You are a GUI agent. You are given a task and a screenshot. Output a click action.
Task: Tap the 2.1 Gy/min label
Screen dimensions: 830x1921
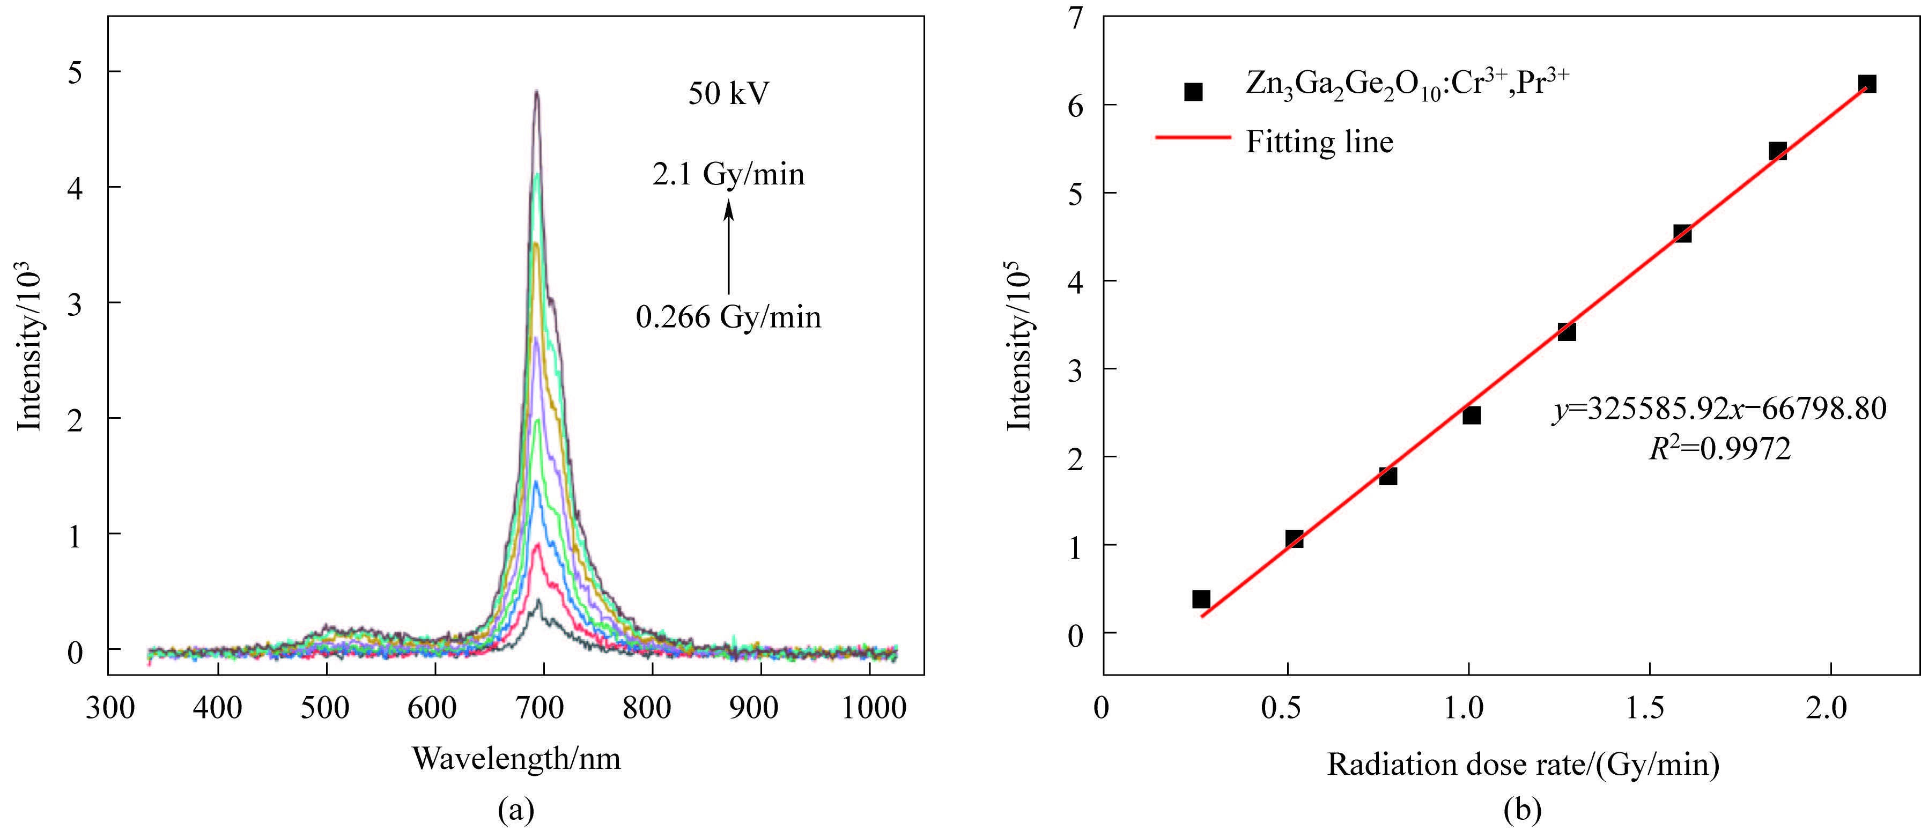pyautogui.click(x=729, y=174)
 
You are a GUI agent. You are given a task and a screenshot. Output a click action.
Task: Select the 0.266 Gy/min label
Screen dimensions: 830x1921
pyautogui.click(x=729, y=317)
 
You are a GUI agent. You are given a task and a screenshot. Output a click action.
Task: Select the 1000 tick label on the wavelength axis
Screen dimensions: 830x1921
pyautogui.click(x=873, y=707)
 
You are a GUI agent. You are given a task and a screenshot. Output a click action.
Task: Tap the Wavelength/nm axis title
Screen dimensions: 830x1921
pyautogui.click(x=516, y=758)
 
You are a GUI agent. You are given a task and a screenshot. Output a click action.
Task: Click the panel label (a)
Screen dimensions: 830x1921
pyautogui.click(x=516, y=809)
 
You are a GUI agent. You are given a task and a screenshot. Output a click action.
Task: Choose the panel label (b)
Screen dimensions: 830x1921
pyautogui.click(x=1522, y=809)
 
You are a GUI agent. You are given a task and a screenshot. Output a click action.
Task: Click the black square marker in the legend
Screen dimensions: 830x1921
pyautogui.click(x=1193, y=92)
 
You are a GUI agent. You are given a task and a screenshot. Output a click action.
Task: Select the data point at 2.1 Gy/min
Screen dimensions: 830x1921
pyautogui.click(x=1866, y=84)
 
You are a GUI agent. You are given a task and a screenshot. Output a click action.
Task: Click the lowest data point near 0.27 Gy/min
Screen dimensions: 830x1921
pyautogui.click(x=1201, y=599)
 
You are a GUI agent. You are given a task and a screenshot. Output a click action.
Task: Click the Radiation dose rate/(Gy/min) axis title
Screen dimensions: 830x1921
pyautogui.click(x=1523, y=765)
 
